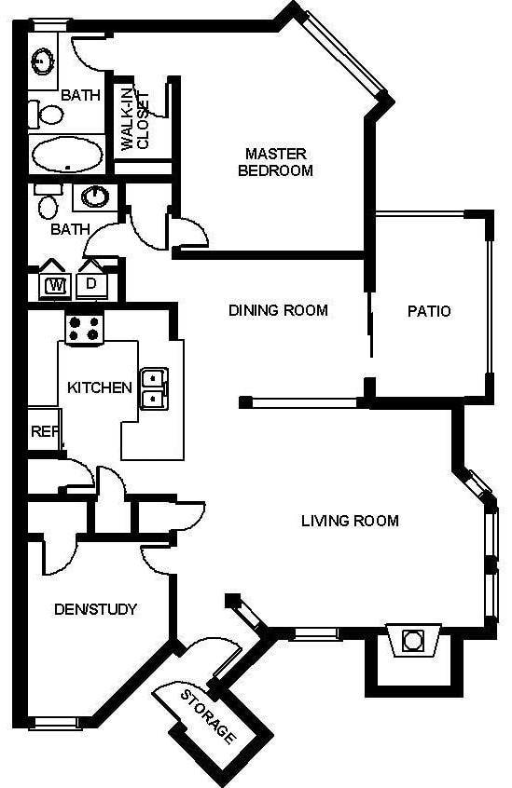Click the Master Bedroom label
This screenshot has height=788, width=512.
[276, 162]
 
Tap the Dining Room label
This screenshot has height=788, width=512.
[278, 310]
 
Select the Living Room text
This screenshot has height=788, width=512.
[350, 520]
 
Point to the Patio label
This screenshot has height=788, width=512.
[429, 311]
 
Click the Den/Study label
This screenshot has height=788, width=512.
[95, 609]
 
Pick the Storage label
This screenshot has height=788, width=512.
[208, 716]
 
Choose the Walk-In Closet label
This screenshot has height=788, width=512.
[135, 120]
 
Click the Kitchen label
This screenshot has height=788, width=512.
[100, 387]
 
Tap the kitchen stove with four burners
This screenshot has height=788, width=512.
[84, 329]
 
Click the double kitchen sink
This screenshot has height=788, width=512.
[154, 388]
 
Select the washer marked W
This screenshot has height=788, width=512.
[56, 285]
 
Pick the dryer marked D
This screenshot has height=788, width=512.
[91, 285]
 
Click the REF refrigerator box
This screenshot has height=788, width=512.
[43, 429]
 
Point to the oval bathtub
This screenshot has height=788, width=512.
[67, 155]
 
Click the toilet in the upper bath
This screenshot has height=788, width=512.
[46, 115]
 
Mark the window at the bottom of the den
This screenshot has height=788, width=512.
[54, 723]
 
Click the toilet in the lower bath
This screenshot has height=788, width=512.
[48, 202]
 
